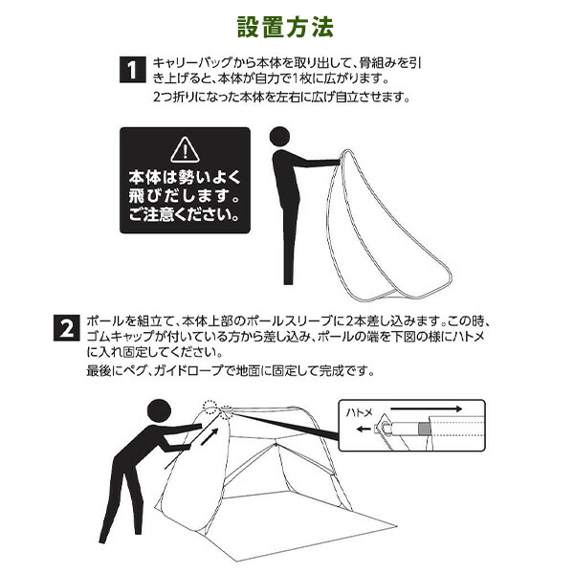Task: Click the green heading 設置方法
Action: coord(285,27)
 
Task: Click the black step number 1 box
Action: coord(132,70)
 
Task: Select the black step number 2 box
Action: coord(66,328)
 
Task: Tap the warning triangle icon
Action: coord(186,149)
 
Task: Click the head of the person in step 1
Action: coord(279,137)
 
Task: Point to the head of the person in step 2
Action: coord(159,411)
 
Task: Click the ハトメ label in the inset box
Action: coord(359,413)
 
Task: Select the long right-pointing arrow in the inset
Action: coord(427,408)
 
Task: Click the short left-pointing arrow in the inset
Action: coord(364,429)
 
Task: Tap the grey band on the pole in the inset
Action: coord(424,428)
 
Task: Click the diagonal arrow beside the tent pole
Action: coord(210,436)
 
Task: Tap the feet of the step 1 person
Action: coord(289,280)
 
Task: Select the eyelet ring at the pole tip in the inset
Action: coord(386,427)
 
